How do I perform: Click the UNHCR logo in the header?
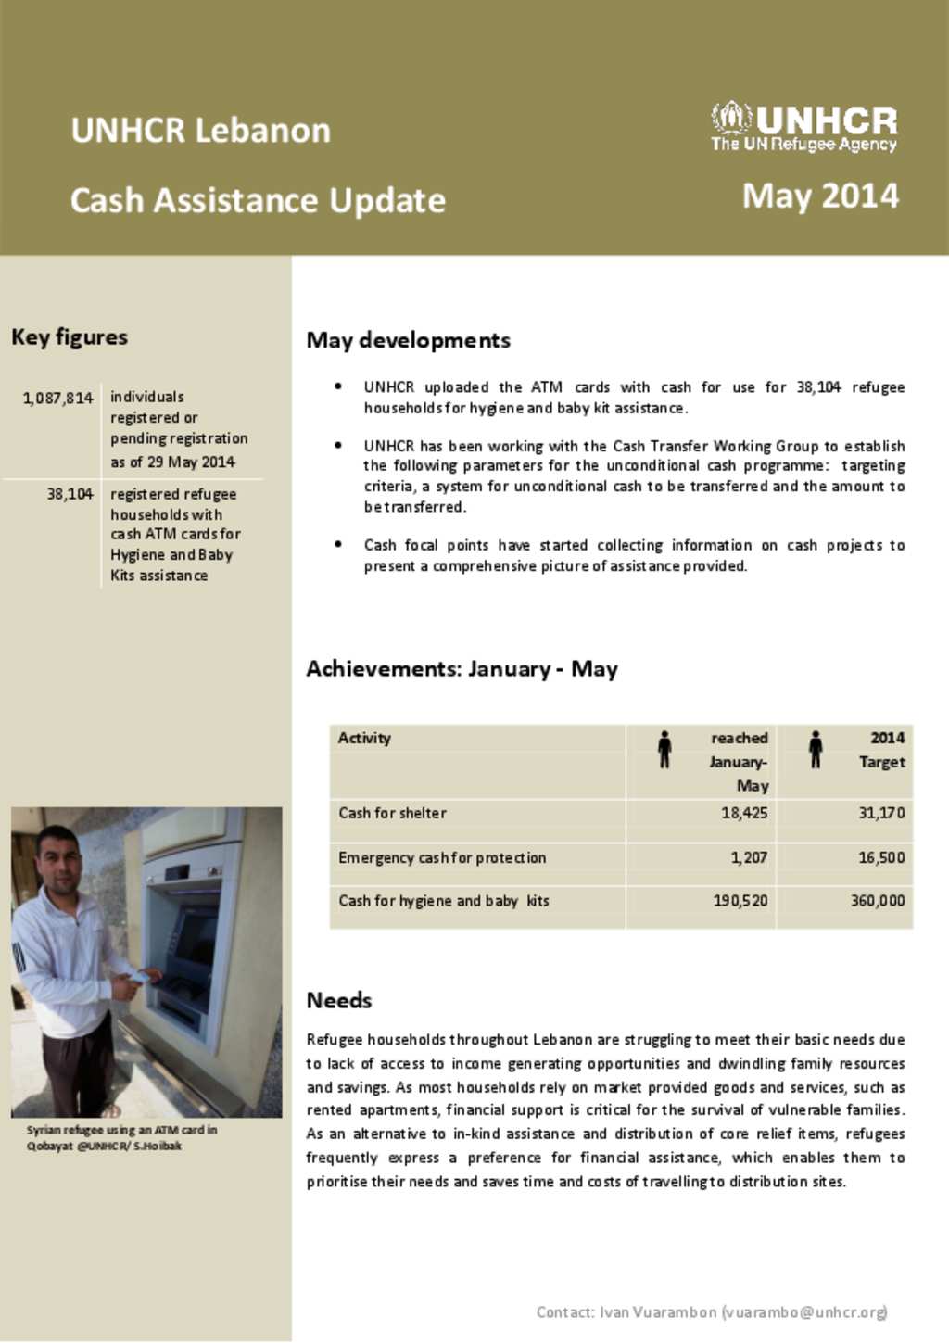coord(803,127)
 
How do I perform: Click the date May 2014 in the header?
coord(820,196)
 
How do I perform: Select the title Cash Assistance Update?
coord(258,200)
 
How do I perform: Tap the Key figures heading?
coord(70,337)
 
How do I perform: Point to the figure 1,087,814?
coord(58,398)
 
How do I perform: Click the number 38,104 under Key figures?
coord(70,494)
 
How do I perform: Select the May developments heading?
coord(408,340)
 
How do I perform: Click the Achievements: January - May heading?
coord(462,669)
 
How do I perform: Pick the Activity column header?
coord(364,738)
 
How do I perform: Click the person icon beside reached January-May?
coord(664,749)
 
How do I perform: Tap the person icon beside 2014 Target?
coord(816,749)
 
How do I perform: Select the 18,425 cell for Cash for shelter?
coord(744,813)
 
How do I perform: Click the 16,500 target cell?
coord(880,857)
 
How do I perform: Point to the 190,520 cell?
coord(740,900)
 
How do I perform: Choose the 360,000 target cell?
coord(877,900)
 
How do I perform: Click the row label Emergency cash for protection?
coord(442,857)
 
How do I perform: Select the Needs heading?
coord(339,1000)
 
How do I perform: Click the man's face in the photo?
coord(60,859)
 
